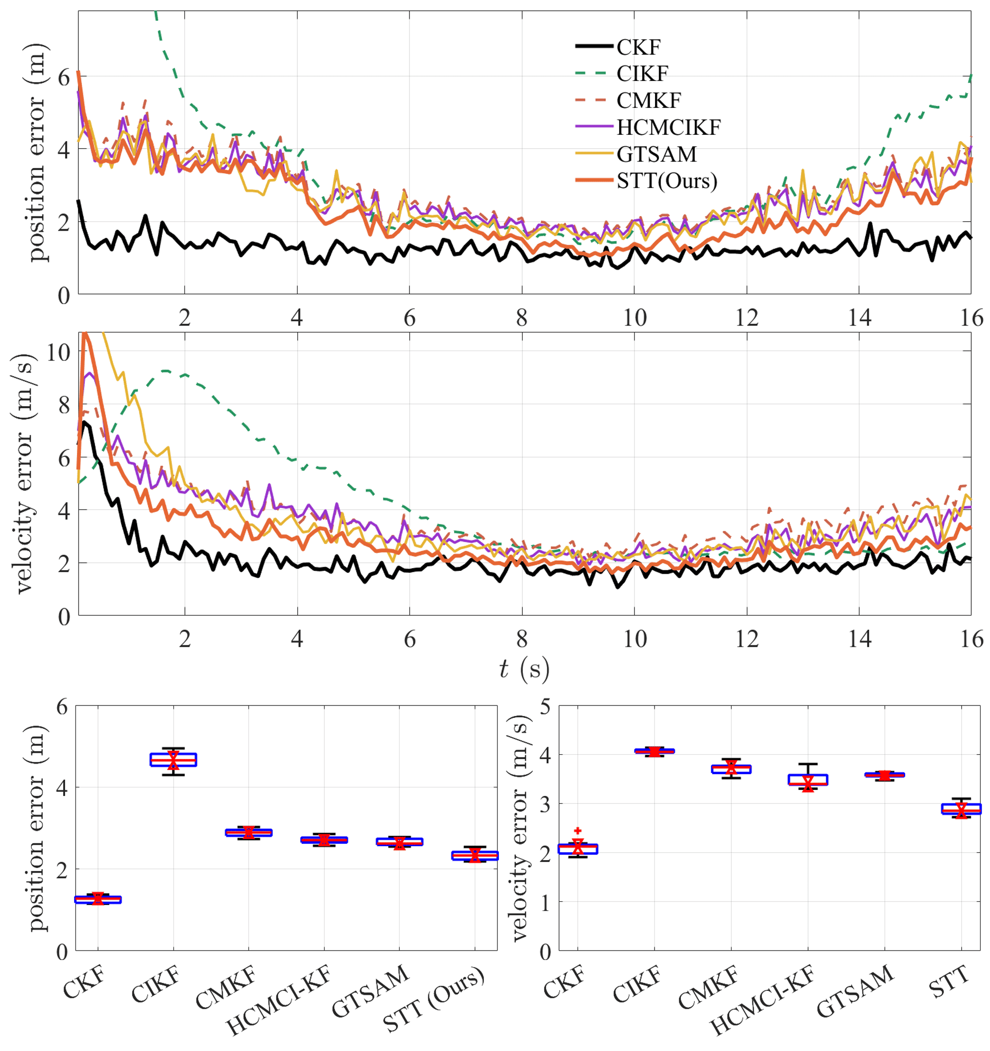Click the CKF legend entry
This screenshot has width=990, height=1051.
638,47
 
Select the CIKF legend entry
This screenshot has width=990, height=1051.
642,74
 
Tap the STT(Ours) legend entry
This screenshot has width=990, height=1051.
666,181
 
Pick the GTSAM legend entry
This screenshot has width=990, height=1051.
657,154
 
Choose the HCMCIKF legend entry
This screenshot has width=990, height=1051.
668,127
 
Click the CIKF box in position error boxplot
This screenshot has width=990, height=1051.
173,760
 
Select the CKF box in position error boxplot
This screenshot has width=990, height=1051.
98,899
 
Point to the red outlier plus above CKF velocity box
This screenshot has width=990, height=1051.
577,831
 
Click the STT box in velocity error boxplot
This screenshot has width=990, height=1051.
962,809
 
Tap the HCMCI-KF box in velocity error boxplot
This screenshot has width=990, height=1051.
808,780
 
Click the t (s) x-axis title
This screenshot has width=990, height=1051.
524,670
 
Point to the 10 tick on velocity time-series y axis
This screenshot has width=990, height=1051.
58,351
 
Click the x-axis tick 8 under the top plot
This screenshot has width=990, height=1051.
522,318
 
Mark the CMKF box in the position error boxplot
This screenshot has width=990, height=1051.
248,833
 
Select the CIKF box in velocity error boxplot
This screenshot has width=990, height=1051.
655,751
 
